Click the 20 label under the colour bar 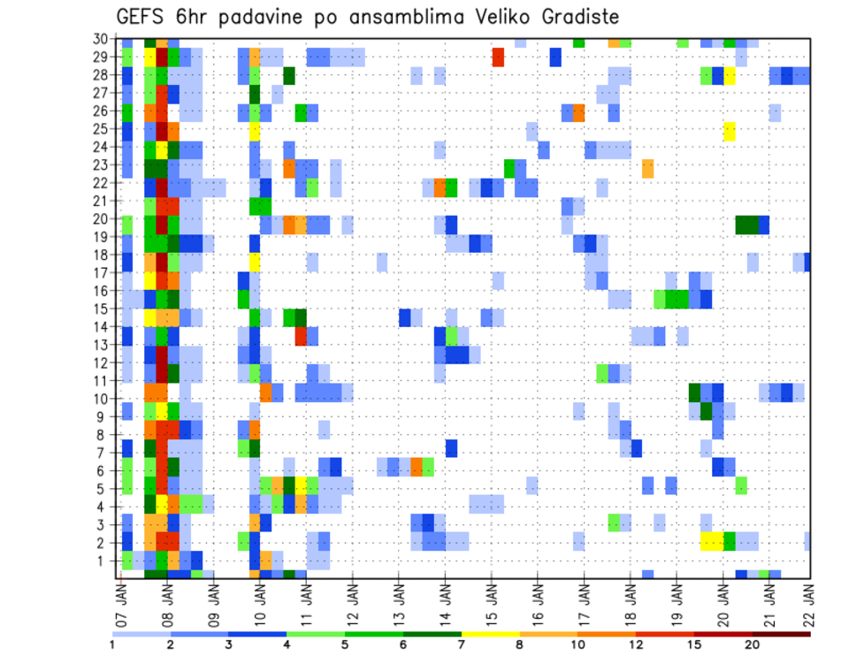(x=753, y=644)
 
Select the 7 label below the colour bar (x=462, y=644)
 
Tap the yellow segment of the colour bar (x=490, y=633)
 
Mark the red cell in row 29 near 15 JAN (x=498, y=57)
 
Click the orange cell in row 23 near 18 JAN (x=648, y=165)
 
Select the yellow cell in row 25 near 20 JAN (x=730, y=130)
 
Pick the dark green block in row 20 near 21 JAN (x=746, y=225)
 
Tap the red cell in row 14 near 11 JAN (x=302, y=335)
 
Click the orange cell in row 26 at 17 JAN (x=578, y=112)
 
